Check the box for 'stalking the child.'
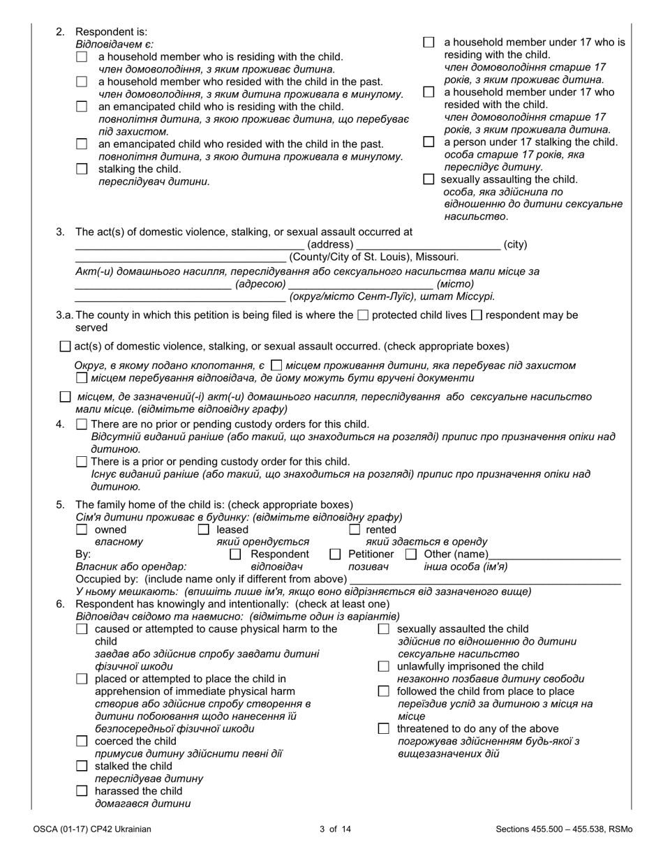coord(82,169)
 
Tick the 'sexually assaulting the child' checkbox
coord(429,179)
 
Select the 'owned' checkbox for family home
coord(82,529)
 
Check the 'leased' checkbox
coord(204,529)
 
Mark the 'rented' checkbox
coord(354,529)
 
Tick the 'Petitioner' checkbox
coord(335,554)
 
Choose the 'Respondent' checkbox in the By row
coord(235,554)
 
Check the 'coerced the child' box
coord(82,742)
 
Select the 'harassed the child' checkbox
coord(82,791)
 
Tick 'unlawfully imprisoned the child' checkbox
coord(383,666)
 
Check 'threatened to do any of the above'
coord(383,729)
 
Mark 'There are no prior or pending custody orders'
coord(82,424)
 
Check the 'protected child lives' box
coord(362,315)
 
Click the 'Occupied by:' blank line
coord(484,580)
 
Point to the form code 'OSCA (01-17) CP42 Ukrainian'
coord(91,829)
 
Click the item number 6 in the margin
coord(60,603)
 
